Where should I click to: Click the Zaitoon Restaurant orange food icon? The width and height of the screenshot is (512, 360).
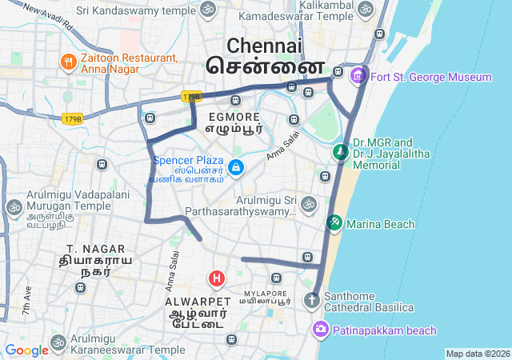coord(68,62)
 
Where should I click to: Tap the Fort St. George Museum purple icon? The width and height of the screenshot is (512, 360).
coord(358,77)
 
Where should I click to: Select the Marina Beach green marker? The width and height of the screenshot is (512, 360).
coord(334,223)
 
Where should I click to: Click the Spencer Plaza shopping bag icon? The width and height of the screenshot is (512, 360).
coord(235,167)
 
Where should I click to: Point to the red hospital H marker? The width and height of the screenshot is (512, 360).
coord(216,278)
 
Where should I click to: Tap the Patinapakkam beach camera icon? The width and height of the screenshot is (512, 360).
coord(321,330)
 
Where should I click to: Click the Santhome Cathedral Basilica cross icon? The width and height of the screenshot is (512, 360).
coord(310,301)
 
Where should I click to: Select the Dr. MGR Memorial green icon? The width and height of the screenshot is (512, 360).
coord(341,151)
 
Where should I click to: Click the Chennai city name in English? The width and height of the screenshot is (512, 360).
coord(264,45)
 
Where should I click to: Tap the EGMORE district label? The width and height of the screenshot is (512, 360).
coord(234,117)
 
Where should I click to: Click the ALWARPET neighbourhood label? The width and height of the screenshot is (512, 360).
coord(197,302)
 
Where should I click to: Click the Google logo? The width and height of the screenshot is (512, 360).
coord(26,350)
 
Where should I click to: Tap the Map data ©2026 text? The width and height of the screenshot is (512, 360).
coord(478,354)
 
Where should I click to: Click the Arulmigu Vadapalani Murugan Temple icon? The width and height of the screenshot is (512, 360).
coord(14,208)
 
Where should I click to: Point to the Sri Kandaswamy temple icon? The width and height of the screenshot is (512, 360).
coord(208,10)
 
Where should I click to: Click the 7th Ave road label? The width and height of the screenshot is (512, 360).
coord(28,299)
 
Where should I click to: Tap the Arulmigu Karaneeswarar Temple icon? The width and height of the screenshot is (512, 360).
coord(58,343)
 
